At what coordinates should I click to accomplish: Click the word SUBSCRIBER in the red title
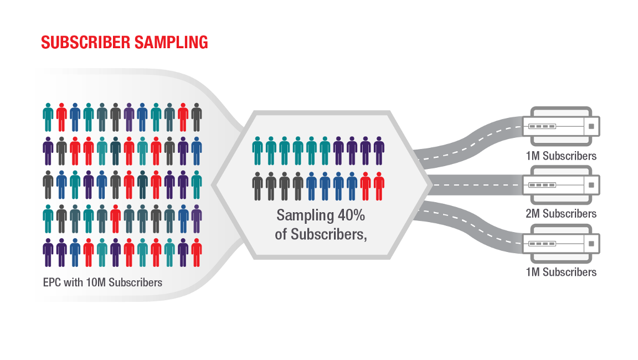[81, 42]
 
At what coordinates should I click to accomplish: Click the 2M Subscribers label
[561, 214]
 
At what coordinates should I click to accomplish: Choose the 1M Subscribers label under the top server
[561, 156]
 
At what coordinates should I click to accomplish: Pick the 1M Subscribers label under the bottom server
[561, 272]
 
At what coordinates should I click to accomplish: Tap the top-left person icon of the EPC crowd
[48, 117]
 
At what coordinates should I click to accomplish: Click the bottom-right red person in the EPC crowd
[197, 253]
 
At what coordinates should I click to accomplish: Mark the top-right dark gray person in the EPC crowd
[197, 117]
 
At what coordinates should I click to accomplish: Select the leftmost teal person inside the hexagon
[258, 151]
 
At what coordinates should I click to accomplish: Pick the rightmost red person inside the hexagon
[379, 186]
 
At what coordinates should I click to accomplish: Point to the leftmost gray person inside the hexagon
[258, 186]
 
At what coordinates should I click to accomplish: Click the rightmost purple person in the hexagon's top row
[379, 151]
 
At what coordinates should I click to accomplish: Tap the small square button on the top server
[591, 126]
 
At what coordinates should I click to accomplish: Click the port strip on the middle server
[542, 185]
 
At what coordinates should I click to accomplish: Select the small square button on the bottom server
[591, 243]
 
